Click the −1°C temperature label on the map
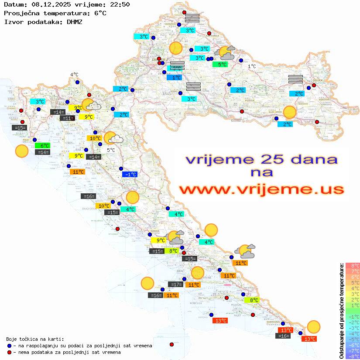point(130,174)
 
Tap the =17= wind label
point(175,285)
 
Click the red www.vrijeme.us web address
point(261,190)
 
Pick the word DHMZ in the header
point(74,21)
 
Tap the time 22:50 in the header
point(120,5)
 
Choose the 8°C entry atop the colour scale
point(353,265)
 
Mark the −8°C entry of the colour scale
point(353,356)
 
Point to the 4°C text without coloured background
point(74,75)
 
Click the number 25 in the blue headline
point(267,159)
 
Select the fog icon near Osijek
point(296,79)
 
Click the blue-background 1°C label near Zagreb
point(175,78)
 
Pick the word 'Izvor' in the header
point(14,21)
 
